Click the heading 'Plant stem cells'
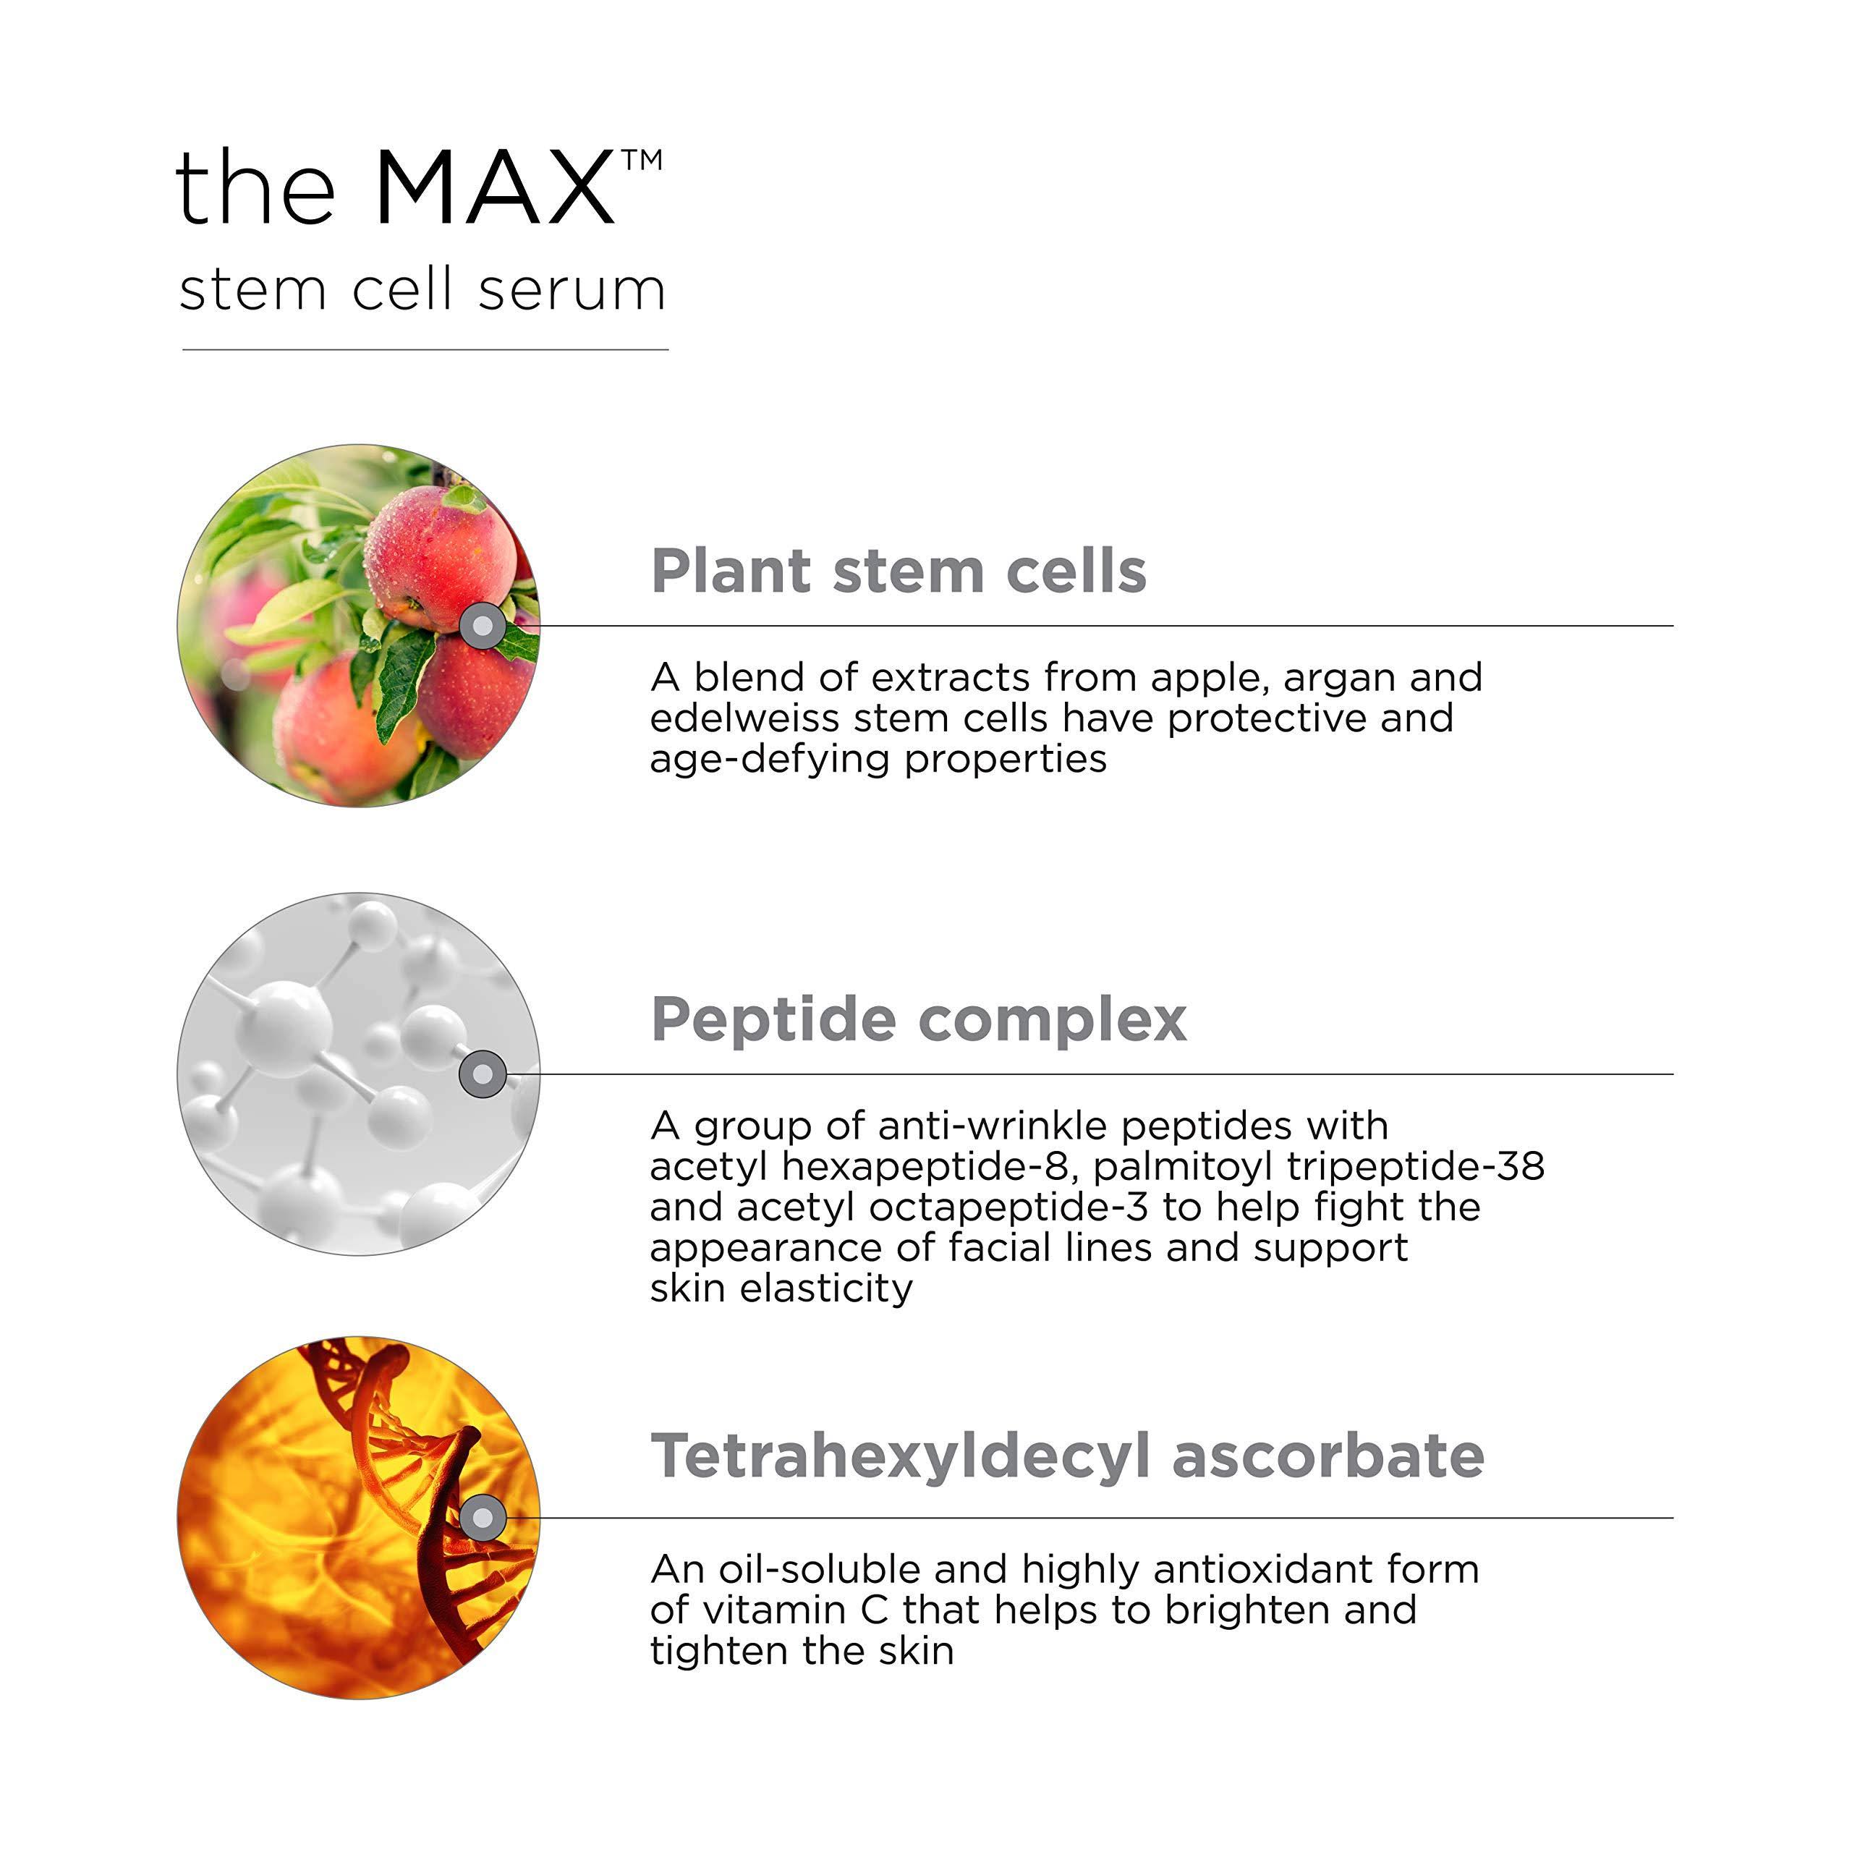coord(899,572)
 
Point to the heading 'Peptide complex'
coord(918,1019)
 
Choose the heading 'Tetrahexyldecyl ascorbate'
coord(1068,1456)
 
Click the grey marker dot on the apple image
coord(483,626)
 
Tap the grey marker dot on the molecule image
coord(483,1074)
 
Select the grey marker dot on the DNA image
coord(483,1518)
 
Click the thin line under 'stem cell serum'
coord(425,350)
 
